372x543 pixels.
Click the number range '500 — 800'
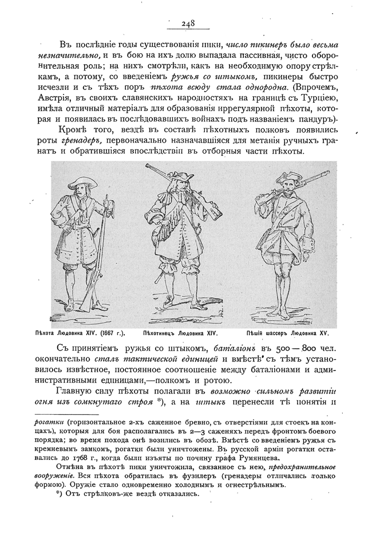tap(289, 349)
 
